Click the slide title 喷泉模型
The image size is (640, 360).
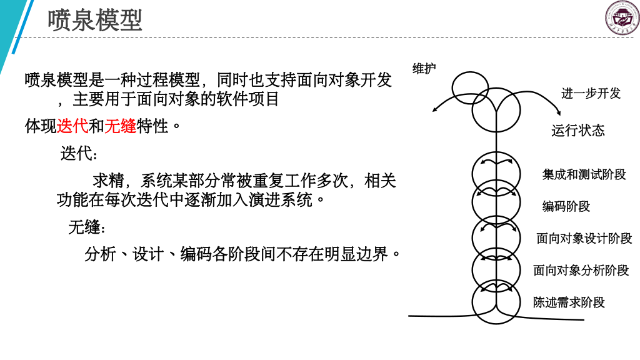click(95, 20)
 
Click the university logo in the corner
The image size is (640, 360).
click(622, 17)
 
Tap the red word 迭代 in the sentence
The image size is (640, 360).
click(72, 126)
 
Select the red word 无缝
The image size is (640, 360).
click(120, 126)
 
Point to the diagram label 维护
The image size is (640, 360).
click(424, 69)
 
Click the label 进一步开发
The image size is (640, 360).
click(591, 94)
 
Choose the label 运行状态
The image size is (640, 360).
click(578, 131)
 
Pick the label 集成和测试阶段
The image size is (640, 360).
click(584, 174)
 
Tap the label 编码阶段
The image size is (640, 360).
click(566, 206)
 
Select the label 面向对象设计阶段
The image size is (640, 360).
click(584, 238)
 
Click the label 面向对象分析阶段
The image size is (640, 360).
click(581, 270)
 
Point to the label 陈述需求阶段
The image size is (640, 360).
click(569, 302)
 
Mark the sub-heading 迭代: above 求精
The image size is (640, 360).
click(79, 154)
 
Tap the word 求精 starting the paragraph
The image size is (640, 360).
click(108, 181)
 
